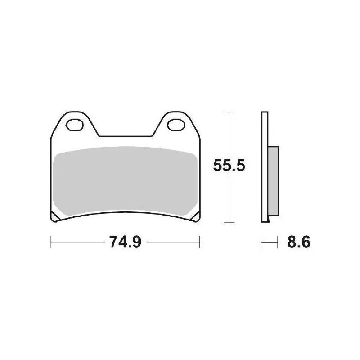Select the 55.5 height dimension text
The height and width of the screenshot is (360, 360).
pos(229,167)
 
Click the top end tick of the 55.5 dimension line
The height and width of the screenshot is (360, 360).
pos(229,111)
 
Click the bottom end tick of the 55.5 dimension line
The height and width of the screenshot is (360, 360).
pos(229,222)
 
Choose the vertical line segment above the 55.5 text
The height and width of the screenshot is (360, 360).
pos(229,135)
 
